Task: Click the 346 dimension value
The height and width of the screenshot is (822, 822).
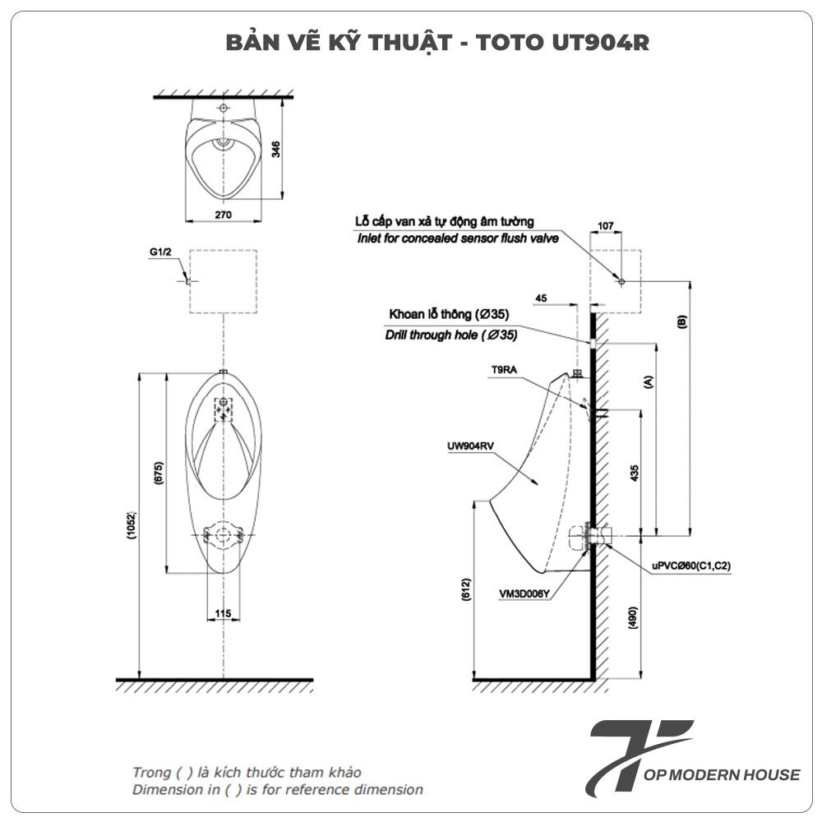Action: (275, 149)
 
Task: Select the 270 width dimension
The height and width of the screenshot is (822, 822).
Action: (224, 215)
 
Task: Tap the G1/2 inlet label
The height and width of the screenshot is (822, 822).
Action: (160, 252)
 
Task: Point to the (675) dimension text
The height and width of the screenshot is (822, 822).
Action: (159, 473)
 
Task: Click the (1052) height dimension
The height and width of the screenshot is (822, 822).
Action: (132, 525)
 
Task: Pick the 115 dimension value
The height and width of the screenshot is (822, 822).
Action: (223, 613)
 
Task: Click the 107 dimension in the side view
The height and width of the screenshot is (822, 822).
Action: (606, 225)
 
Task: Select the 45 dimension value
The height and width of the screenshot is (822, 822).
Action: (541, 298)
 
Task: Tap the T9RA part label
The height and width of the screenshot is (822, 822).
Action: (504, 370)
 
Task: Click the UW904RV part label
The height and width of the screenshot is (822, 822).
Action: (470, 446)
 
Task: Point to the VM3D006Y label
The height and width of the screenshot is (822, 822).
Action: (524, 594)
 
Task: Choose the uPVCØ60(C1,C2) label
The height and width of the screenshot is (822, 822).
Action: (691, 566)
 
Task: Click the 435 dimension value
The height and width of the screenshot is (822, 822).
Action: (635, 473)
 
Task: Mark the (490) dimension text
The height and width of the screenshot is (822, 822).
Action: (633, 617)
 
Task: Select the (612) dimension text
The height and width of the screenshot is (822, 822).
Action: (467, 589)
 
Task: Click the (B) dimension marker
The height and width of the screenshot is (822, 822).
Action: (681, 321)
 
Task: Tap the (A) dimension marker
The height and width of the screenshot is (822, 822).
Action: (649, 381)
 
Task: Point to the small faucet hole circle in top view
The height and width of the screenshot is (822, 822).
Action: (224, 109)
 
